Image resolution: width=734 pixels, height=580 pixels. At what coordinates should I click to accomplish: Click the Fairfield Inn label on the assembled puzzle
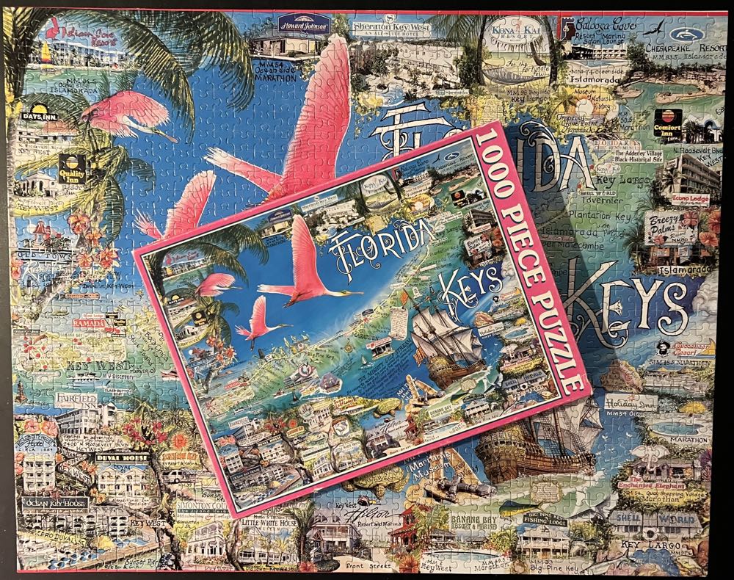tap(76, 399)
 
